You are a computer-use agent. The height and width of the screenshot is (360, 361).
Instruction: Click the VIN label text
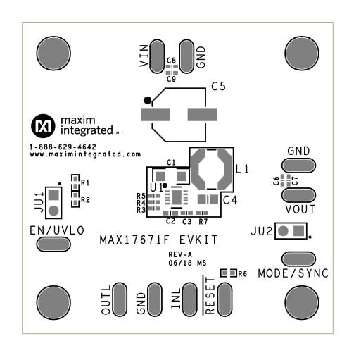point(144,56)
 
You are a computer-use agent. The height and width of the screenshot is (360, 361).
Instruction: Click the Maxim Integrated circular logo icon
point(42,126)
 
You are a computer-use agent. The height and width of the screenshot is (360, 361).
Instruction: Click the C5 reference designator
point(219,89)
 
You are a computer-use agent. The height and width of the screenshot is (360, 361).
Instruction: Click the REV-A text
point(181,254)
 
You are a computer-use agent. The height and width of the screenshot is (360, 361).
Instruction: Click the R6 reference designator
point(243,274)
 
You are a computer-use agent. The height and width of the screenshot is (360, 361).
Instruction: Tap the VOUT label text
point(300,209)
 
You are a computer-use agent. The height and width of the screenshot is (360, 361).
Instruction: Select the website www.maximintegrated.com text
point(84,154)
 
